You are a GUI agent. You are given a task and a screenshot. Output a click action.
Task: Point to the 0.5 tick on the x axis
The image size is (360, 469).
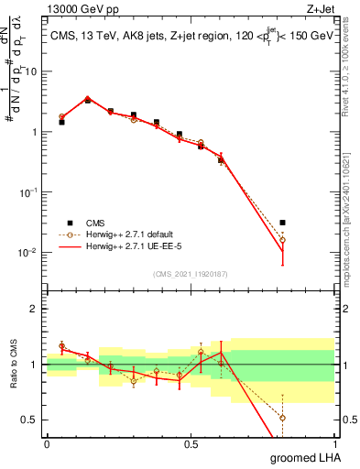[191, 443]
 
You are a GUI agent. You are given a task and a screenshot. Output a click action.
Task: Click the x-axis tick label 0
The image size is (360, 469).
[47, 443]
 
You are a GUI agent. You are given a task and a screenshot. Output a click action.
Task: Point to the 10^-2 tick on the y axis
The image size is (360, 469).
[31, 253]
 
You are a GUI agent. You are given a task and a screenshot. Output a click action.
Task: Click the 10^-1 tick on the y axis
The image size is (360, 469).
[31, 192]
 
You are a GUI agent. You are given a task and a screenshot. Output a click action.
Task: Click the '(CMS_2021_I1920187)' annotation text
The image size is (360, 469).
[190, 273]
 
